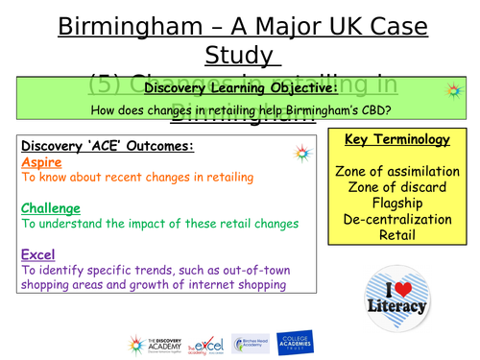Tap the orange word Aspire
(x=40, y=163)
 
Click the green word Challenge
(x=50, y=208)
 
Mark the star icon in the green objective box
(x=452, y=89)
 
